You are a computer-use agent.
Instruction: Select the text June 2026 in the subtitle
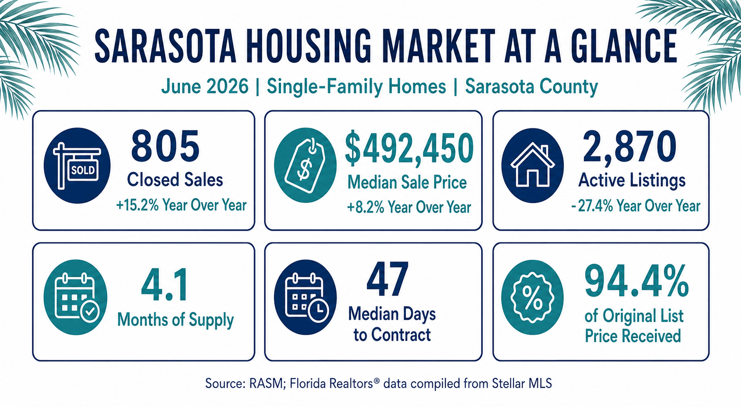(x=205, y=87)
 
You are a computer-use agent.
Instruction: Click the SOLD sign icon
(x=77, y=166)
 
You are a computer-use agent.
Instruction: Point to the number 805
(x=165, y=146)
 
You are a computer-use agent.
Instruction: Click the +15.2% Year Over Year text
(x=181, y=205)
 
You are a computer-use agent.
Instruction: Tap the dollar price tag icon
(x=306, y=165)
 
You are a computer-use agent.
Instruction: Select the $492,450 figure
(x=410, y=148)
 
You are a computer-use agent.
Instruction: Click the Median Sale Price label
(x=407, y=183)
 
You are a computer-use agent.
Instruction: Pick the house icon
(x=533, y=166)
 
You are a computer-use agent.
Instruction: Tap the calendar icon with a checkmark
(x=76, y=297)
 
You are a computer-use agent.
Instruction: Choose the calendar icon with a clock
(x=306, y=297)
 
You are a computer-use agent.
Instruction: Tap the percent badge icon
(x=532, y=297)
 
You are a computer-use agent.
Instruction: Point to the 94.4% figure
(x=636, y=282)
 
